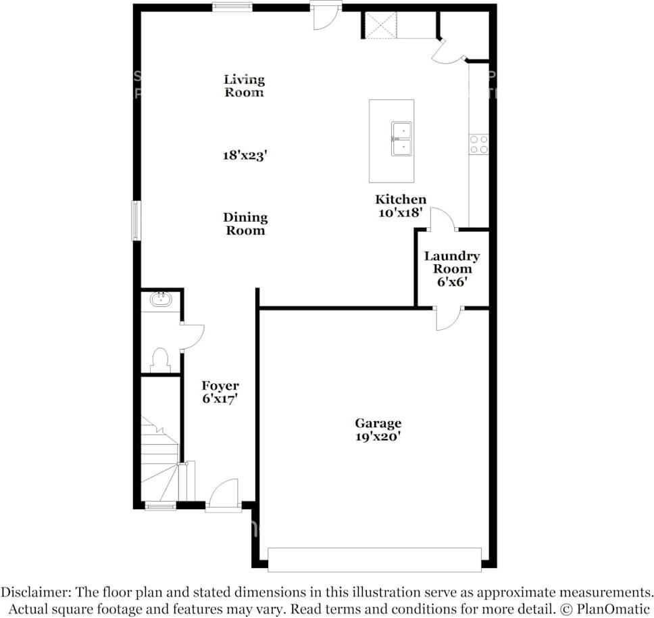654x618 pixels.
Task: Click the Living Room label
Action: (245, 86)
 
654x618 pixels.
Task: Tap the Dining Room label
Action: (245, 224)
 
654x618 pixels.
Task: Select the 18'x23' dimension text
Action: (245, 156)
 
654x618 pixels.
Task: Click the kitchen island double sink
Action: (402, 139)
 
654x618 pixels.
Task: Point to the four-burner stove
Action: (479, 145)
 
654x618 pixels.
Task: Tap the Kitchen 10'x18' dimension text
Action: (401, 212)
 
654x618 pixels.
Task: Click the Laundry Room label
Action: (452, 262)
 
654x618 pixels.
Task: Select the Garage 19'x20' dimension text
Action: (378, 437)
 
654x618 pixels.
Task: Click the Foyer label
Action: (220, 385)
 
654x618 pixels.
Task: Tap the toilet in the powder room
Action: (160, 360)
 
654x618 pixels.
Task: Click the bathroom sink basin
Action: (161, 300)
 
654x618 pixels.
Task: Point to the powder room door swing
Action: (193, 337)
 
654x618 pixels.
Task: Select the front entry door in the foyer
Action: (224, 495)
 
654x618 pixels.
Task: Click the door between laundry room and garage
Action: (449, 319)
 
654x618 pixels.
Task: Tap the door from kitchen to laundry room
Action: (443, 218)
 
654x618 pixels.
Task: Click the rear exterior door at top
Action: (326, 16)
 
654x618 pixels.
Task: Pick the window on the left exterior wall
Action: (136, 220)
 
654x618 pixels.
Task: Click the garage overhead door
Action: (374, 560)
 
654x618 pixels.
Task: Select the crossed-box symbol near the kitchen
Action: (381, 26)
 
